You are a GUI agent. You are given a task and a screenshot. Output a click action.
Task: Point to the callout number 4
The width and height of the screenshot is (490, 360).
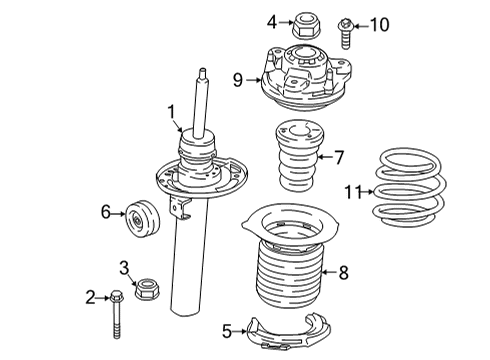(x=272, y=20)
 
